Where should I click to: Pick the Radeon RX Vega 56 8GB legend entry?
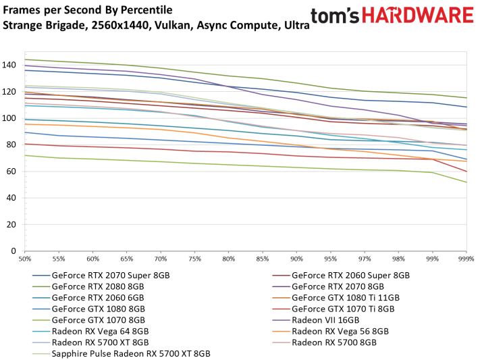pyautogui.click(x=340, y=332)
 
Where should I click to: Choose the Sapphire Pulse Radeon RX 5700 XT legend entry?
pyautogui.click(x=131, y=354)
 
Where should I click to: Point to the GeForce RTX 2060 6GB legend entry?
pyautogui.click(x=101, y=298)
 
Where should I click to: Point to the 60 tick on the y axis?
pyautogui.click(x=14, y=172)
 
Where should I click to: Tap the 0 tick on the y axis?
pyautogui.click(x=16, y=251)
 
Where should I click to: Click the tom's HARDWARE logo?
pyautogui.click(x=392, y=17)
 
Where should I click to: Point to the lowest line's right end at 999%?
pyautogui.click(x=466, y=182)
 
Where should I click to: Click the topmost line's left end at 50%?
pyautogui.click(x=25, y=59)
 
